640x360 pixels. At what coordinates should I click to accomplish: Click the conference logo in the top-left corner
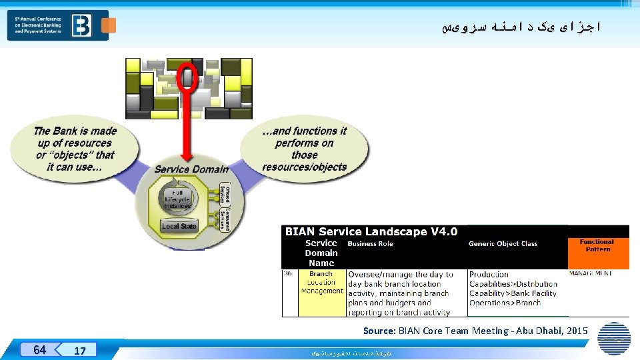coord(57,25)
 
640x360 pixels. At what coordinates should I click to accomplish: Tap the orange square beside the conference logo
coord(109,25)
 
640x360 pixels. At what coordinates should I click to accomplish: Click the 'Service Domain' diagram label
coord(191,169)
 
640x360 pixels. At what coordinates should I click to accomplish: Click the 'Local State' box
coord(179,226)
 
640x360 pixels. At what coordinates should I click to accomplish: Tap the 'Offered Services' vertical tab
coord(227,195)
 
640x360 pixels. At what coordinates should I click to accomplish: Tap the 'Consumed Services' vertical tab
coord(227,219)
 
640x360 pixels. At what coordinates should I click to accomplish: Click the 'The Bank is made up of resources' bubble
coord(75,149)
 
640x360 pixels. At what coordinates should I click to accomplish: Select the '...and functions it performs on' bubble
coord(304,149)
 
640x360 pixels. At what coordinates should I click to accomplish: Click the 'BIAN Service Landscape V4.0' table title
coord(371,232)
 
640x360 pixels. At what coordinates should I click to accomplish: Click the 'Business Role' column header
coord(371,244)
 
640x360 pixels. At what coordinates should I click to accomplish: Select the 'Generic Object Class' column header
coord(503,244)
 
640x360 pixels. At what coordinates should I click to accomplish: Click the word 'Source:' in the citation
coord(379,331)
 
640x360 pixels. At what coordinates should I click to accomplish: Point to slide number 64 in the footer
coord(40,350)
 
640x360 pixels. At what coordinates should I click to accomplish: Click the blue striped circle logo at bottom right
coord(614,339)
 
